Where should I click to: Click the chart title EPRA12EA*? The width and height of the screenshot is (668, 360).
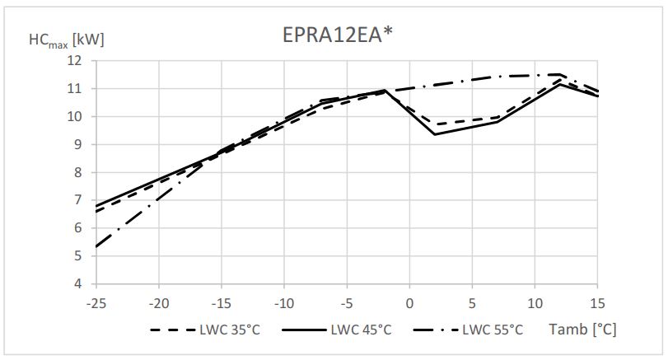click(x=334, y=35)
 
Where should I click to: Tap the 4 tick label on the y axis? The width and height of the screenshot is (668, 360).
click(x=77, y=284)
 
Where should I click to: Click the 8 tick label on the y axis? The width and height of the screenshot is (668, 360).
click(x=77, y=172)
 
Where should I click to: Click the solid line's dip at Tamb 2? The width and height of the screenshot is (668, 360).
click(x=434, y=134)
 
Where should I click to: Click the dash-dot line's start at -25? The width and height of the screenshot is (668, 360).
click(x=96, y=246)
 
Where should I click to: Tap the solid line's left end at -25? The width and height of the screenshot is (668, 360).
click(x=96, y=206)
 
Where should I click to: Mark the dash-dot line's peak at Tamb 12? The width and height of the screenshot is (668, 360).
click(x=560, y=74)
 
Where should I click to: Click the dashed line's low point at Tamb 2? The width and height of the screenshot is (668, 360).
click(x=434, y=124)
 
